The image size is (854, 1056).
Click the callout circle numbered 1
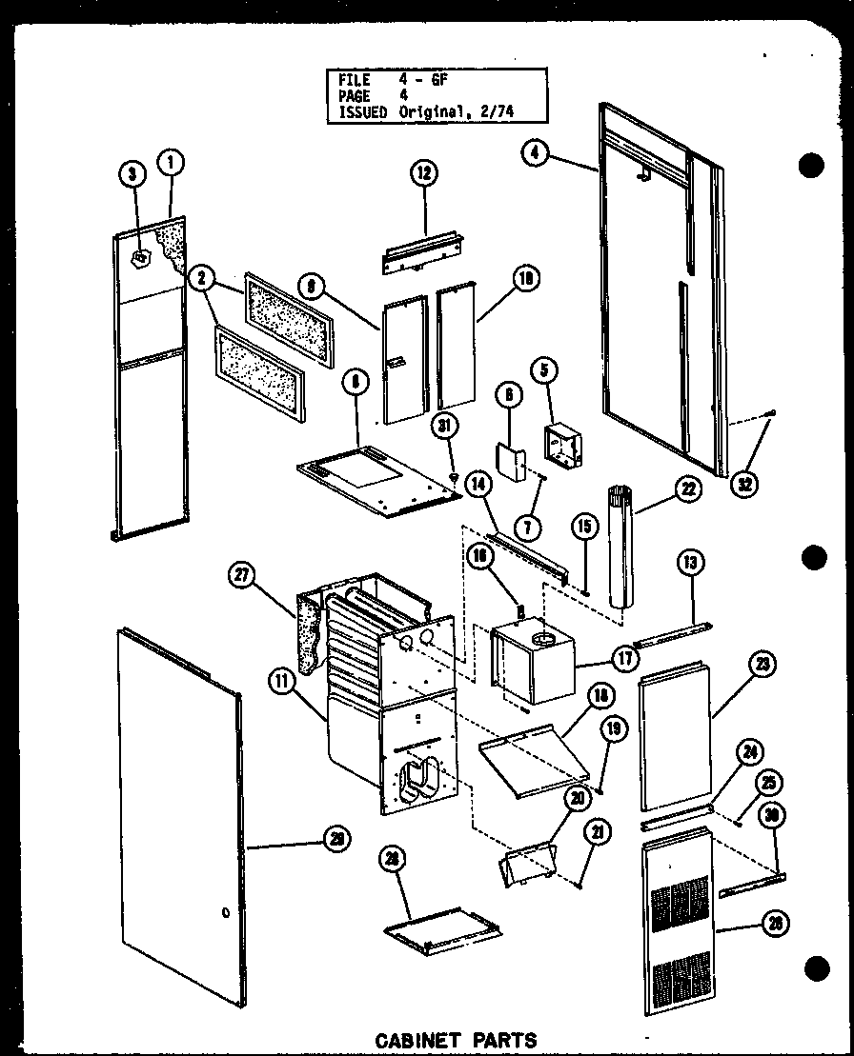pos(172,164)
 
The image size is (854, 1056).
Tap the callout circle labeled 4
pos(536,150)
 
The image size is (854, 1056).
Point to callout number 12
pos(424,172)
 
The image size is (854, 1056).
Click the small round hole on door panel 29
pos(225,913)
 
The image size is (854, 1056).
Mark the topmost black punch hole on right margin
pos(811,166)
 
